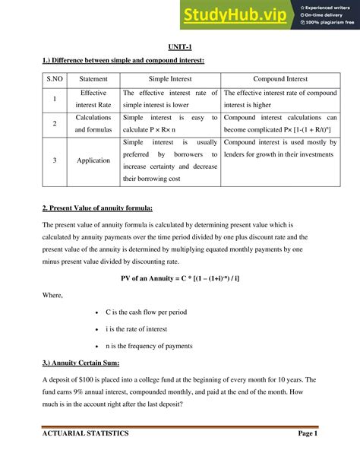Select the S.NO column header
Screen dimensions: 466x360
pos(55,78)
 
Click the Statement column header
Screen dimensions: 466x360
pos(93,78)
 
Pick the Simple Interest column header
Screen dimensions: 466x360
pos(169,78)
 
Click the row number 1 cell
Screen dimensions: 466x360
pos(55,99)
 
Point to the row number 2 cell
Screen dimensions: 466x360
pos(55,123)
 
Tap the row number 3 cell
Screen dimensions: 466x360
pos(55,160)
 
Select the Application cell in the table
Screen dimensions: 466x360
pos(93,160)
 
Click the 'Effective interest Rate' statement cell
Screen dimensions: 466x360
pos(93,99)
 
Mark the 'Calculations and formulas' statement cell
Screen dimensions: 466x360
pos(93,123)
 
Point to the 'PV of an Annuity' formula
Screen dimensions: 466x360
pos(179,277)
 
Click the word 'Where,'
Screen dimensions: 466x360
pos(53,295)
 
